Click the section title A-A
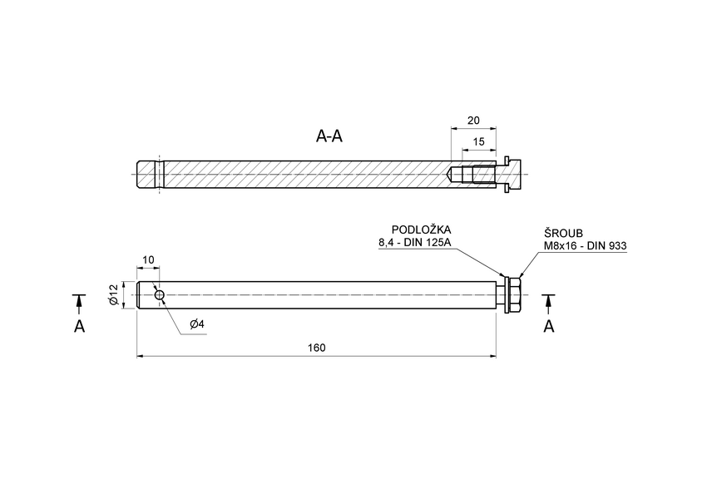329,136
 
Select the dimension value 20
473,120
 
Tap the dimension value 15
478,141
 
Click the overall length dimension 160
315,347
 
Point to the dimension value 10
148,260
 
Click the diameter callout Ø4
197,324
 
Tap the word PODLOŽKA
421,230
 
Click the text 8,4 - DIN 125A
415,243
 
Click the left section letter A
79,327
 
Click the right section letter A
548,327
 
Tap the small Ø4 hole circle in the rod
159,294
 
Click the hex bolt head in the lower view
516,295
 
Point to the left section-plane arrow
79,303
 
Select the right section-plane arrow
548,303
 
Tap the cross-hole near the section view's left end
159,175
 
